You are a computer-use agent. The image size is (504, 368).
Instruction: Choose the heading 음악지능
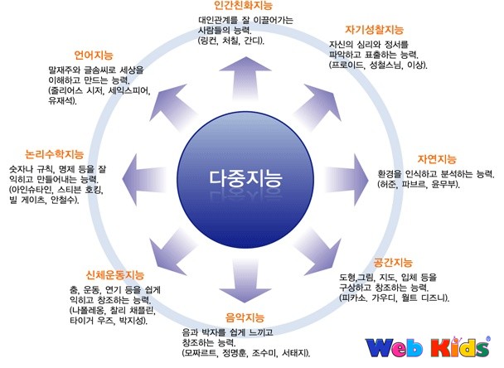[x=245, y=317]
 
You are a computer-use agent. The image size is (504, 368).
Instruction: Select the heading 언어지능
[x=93, y=56]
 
